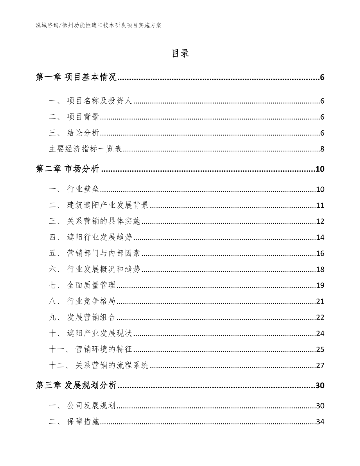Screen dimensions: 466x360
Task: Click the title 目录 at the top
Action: (180, 54)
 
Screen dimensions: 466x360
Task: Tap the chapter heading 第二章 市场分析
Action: (67, 169)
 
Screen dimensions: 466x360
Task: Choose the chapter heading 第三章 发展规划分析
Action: (76, 386)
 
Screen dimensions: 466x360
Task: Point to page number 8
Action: (322, 149)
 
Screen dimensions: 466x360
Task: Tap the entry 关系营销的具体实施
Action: (103, 221)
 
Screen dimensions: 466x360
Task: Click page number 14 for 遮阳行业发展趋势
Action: (320, 237)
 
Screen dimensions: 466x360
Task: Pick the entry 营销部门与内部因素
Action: (103, 254)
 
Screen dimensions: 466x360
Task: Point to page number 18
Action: (320, 270)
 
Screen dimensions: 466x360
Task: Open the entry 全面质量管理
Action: (91, 285)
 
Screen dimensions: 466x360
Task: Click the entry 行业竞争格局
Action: (91, 301)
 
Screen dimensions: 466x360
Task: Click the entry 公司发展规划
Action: (91, 406)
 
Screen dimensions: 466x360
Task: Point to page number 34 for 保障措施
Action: (320, 422)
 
